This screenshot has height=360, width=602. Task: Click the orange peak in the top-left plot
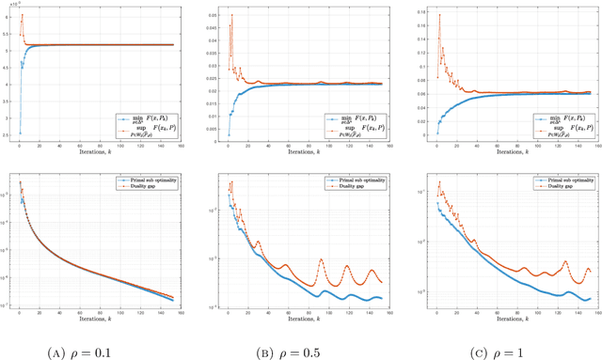coord(22,16)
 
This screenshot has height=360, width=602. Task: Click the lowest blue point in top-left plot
coord(20,133)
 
